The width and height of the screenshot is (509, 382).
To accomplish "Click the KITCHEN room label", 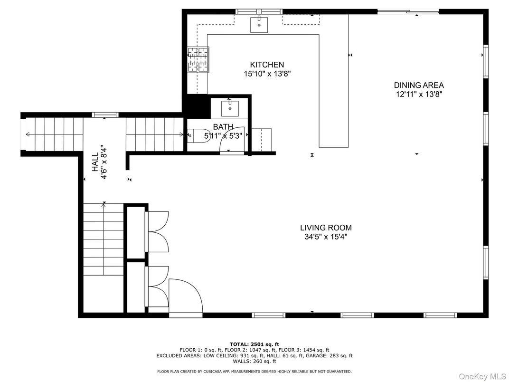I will [267, 65].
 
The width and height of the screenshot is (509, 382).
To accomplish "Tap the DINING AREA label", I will [419, 86].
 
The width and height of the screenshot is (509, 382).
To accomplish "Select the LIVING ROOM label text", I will [326, 228].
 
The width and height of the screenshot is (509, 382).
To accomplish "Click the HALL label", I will [95, 162].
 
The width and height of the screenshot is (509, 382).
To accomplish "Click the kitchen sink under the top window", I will [259, 25].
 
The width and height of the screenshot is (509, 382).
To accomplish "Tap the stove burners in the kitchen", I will [198, 60].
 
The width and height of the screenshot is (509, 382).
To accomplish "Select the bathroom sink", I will [230, 108].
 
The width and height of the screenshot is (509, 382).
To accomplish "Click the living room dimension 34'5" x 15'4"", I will [326, 237].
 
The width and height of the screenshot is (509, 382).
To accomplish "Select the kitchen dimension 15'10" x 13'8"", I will [267, 74].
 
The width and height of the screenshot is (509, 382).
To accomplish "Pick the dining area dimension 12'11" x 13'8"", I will [419, 94].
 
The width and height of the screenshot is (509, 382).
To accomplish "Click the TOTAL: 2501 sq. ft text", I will [254, 344].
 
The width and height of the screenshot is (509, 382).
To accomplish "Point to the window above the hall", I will [105, 115].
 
